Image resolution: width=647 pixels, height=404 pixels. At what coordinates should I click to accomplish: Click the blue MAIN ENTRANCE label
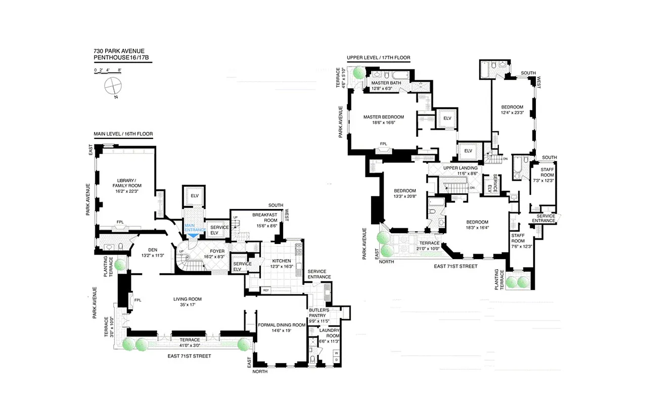[196, 227]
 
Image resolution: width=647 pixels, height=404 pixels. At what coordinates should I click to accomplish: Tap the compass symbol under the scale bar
[112, 86]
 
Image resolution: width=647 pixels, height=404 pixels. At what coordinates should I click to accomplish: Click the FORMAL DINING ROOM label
[282, 328]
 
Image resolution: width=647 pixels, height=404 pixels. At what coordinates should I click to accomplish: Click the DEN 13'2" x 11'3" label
[153, 252]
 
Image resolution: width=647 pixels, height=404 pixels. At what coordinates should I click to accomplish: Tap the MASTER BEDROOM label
[384, 119]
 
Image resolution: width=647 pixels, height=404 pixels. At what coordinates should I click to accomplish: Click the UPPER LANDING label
[460, 170]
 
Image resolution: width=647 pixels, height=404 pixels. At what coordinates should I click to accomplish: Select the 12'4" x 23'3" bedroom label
[512, 110]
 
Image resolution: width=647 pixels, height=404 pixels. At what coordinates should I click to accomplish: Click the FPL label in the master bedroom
[385, 144]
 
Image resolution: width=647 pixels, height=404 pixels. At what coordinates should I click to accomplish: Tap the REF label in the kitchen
[266, 290]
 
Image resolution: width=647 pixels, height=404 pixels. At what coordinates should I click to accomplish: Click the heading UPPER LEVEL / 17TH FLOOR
[378, 58]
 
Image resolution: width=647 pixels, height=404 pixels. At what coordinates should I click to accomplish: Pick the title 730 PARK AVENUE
[119, 51]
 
